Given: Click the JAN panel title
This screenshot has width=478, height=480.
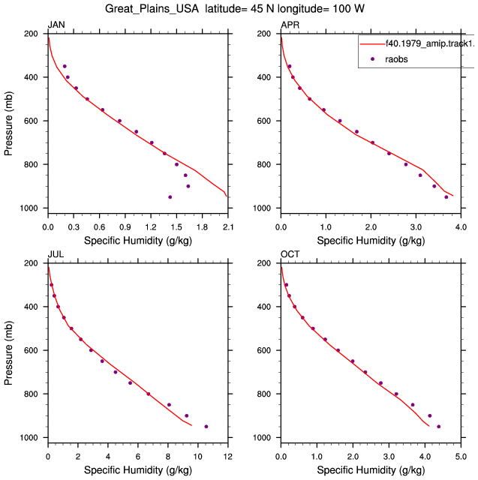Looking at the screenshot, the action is [x=56, y=25].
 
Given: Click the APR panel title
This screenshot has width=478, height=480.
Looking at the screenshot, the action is [x=290, y=25].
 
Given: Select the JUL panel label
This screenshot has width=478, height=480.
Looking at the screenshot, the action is [x=56, y=254].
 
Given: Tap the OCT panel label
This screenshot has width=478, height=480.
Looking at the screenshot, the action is [x=290, y=254].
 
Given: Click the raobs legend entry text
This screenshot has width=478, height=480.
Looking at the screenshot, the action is [x=396, y=59].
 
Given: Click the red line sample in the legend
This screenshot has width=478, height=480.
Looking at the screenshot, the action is [x=372, y=44].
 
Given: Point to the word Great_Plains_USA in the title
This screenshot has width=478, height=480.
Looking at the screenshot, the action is [x=152, y=8].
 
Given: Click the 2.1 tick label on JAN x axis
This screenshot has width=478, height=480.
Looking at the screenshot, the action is [x=228, y=227].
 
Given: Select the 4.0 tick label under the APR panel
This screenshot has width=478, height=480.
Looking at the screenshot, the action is [x=461, y=227].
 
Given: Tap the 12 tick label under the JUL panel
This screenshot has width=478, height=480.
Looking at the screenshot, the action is [x=227, y=457].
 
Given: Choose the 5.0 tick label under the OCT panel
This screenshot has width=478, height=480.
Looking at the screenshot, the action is [x=461, y=457].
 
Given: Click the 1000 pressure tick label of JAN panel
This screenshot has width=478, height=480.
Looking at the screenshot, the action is [x=29, y=208].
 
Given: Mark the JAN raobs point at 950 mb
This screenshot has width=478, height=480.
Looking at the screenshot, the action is [x=170, y=197].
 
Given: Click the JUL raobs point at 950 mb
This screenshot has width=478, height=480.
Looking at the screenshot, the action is [x=206, y=427].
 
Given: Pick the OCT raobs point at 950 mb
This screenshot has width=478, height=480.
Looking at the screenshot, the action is [x=438, y=427].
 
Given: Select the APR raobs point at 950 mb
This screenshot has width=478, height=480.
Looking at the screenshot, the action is [x=446, y=197].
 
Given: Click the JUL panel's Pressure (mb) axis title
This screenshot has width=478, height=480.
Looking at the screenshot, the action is [x=8, y=353].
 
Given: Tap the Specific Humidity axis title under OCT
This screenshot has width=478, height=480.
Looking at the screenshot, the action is [x=371, y=470].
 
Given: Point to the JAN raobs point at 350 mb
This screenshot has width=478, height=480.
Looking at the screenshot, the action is [x=65, y=66].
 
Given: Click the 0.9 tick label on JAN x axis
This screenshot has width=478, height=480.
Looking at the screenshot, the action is [x=125, y=227].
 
